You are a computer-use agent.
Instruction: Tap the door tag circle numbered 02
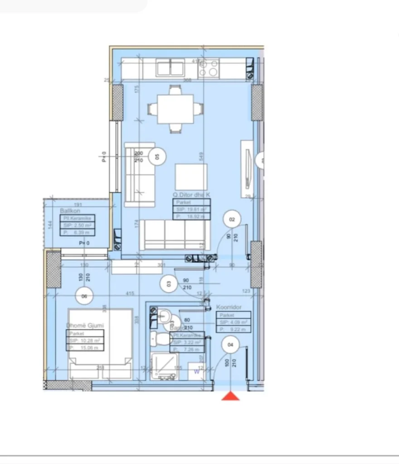click(x=232, y=220)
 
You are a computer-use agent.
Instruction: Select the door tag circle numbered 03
click(x=169, y=284)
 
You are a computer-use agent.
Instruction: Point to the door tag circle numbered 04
click(x=230, y=345)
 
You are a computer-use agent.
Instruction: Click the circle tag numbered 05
click(x=157, y=156)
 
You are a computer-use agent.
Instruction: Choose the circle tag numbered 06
click(x=84, y=296)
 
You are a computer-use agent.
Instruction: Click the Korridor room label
click(x=229, y=307)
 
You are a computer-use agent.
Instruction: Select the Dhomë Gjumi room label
click(x=85, y=325)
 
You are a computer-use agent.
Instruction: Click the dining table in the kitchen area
click(x=175, y=109)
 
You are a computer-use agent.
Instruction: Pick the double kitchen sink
click(x=170, y=68)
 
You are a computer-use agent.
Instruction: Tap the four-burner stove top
click(x=209, y=68)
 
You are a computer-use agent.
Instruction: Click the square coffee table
click(x=191, y=177)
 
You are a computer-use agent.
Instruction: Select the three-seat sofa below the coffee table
click(x=175, y=235)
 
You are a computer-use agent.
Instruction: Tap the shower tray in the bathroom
click(x=165, y=367)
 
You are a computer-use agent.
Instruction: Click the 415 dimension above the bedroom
click(x=130, y=294)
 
